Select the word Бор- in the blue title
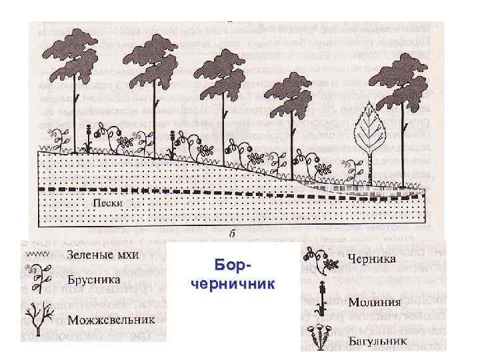pyautogui.click(x=232, y=266)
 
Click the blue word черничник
pyautogui.click(x=233, y=284)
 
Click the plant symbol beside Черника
pyautogui.click(x=321, y=261)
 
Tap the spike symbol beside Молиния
pyautogui.click(x=320, y=299)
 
